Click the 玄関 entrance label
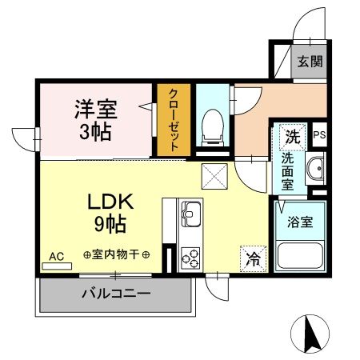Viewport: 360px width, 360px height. [311, 62]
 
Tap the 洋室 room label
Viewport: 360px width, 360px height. [94, 106]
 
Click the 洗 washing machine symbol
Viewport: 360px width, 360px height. [292, 136]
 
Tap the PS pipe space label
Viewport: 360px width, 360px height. [319, 135]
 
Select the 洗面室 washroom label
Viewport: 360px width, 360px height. [287, 170]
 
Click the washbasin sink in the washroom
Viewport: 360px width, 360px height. [316, 170]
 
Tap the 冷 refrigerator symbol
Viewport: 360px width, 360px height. [252, 258]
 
